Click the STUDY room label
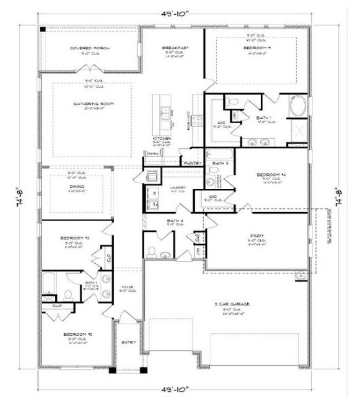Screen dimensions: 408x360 point(257,237)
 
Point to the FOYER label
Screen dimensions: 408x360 point(128,287)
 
